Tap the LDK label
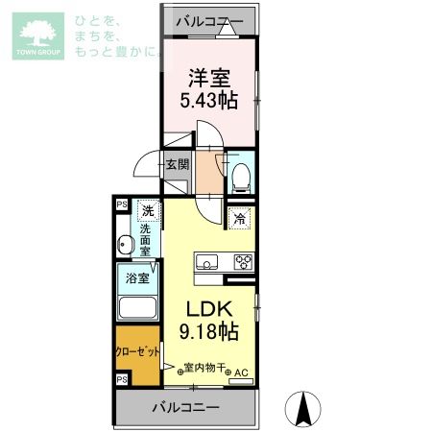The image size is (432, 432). (204, 310)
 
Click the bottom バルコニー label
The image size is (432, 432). (185, 408)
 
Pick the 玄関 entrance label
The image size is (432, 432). (178, 164)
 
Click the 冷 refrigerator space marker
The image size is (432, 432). (239, 218)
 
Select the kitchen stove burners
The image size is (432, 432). (244, 262)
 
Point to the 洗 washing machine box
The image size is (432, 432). (148, 210)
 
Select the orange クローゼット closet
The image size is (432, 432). (137, 352)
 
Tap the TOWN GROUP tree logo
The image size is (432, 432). (36, 36)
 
